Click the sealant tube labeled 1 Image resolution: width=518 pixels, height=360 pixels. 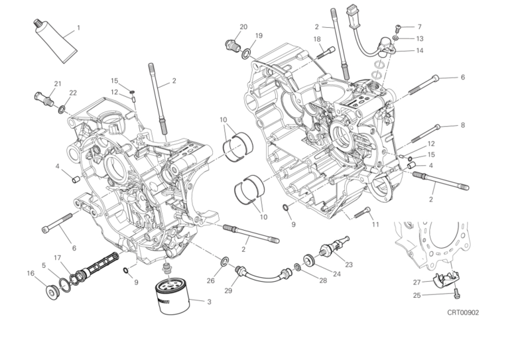pyautogui.click(x=52, y=43)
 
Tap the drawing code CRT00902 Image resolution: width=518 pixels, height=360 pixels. pyautogui.click(x=462, y=312)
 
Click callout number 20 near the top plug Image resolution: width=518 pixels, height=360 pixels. pyautogui.click(x=243, y=27)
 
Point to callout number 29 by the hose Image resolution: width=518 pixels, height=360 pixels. pyautogui.click(x=228, y=290)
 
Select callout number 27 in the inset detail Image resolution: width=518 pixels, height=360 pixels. pyautogui.click(x=417, y=282)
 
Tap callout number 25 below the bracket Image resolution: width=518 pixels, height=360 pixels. pyautogui.click(x=417, y=295)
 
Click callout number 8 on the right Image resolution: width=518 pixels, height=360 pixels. pyautogui.click(x=462, y=125)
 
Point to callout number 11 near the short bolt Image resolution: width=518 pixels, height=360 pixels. pyautogui.click(x=375, y=225)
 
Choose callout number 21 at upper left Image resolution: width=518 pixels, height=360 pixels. pyautogui.click(x=58, y=84)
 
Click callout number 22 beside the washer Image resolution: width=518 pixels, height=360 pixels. pyautogui.click(x=73, y=93)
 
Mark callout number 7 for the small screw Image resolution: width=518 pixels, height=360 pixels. pyautogui.click(x=419, y=27)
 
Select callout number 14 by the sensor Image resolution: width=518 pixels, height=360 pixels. pyautogui.click(x=419, y=50)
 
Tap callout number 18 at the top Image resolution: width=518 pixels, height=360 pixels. pyautogui.click(x=317, y=39)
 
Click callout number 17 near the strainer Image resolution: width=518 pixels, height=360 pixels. pyautogui.click(x=58, y=258)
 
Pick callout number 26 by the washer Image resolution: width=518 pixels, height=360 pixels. pyautogui.click(x=210, y=280)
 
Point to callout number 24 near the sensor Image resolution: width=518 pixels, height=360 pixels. pyautogui.click(x=337, y=274)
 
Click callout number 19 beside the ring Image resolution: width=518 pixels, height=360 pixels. pyautogui.click(x=259, y=36)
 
